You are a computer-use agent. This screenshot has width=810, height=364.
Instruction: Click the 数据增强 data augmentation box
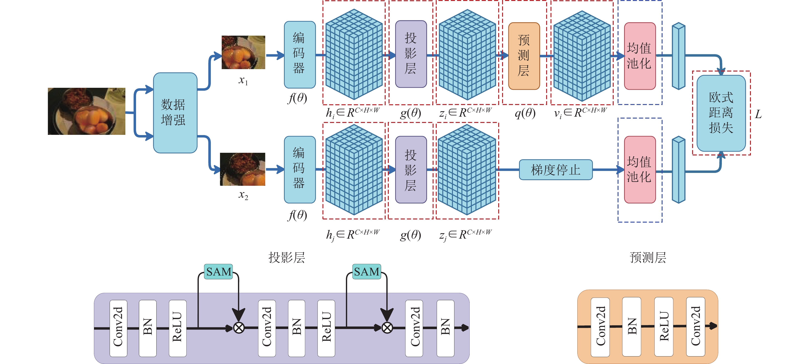[175, 113]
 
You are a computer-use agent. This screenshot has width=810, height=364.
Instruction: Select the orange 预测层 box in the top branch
[524, 56]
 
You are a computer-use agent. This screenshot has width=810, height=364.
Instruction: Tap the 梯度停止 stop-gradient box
[556, 170]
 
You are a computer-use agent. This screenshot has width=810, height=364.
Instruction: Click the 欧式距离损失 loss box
[721, 113]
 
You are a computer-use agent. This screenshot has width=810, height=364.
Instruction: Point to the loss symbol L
[758, 114]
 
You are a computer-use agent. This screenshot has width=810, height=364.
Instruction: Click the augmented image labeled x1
[243, 52]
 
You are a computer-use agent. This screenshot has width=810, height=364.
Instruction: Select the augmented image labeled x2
[242, 169]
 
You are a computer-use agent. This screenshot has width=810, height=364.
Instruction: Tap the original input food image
[86, 111]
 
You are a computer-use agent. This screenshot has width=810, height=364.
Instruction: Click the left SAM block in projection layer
[219, 271]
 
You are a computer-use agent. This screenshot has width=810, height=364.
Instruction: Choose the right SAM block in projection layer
[367, 271]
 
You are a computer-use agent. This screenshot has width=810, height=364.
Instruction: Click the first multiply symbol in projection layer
[239, 328]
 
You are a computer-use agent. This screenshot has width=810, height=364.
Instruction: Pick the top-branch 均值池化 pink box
[640, 56]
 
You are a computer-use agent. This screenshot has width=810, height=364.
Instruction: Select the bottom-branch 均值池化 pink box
[640, 170]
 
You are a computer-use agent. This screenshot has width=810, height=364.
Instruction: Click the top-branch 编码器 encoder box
[300, 55]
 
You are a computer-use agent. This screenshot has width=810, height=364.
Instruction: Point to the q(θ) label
[525, 113]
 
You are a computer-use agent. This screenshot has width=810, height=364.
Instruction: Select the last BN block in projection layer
[445, 328]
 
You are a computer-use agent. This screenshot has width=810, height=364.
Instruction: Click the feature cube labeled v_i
[582, 56]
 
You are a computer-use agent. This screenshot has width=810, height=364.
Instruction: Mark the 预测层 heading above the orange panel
[648, 257]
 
